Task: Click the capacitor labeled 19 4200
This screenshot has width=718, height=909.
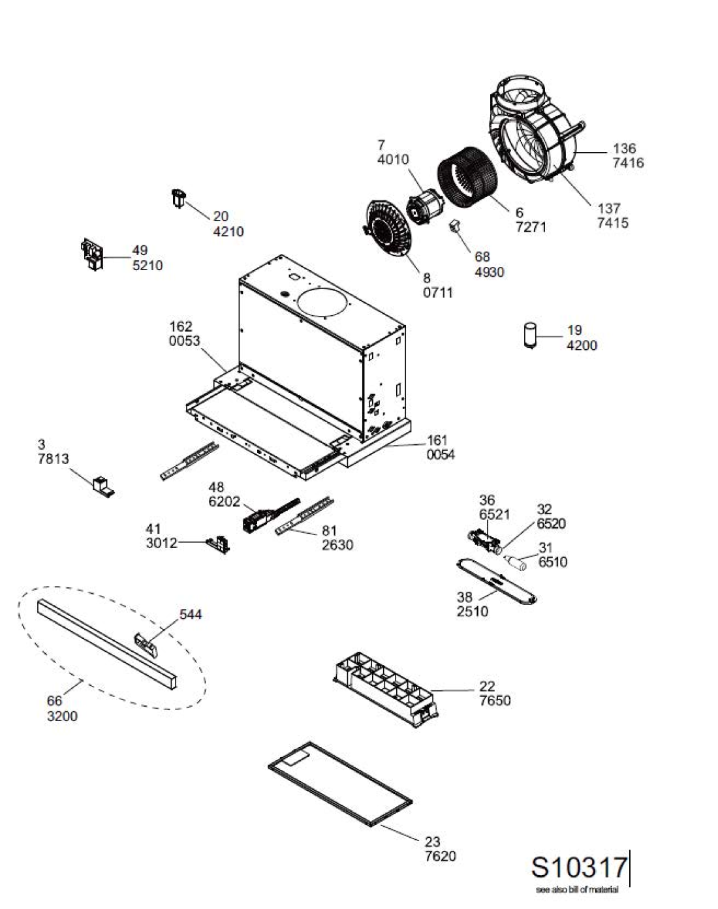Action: point(530,335)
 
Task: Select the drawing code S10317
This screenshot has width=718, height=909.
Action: point(579,867)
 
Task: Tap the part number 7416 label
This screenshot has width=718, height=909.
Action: point(628,162)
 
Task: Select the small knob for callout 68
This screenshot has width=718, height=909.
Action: point(455,226)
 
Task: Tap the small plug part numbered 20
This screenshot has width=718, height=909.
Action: point(179,198)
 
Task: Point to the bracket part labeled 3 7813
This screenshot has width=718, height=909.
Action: point(102,487)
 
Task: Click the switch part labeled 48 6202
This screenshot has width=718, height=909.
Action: point(269,516)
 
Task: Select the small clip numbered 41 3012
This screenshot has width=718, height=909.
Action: point(219,544)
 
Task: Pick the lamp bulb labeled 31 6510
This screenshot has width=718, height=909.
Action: point(515,562)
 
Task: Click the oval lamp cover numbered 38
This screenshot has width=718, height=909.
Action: point(497,582)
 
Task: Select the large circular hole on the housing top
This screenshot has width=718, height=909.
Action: point(324,303)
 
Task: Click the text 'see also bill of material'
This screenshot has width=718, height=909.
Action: point(577,889)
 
